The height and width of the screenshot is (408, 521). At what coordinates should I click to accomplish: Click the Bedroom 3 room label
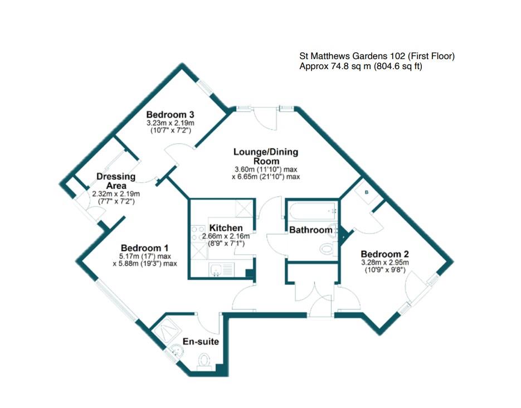click(170, 114)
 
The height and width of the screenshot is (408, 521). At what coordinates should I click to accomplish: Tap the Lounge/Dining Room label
click(266, 156)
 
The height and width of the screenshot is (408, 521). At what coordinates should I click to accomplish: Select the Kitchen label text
click(226, 228)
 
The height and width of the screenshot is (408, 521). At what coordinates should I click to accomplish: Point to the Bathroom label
click(310, 230)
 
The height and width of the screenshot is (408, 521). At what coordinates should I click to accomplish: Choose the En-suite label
click(201, 342)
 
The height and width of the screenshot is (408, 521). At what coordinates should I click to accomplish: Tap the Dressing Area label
click(116, 181)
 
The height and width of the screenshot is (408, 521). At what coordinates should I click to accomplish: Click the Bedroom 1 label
click(144, 247)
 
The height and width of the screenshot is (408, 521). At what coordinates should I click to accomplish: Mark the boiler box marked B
click(366, 192)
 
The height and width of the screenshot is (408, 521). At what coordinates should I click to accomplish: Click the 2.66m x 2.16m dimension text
click(226, 236)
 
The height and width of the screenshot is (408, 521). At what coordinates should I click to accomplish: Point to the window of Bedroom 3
click(206, 88)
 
